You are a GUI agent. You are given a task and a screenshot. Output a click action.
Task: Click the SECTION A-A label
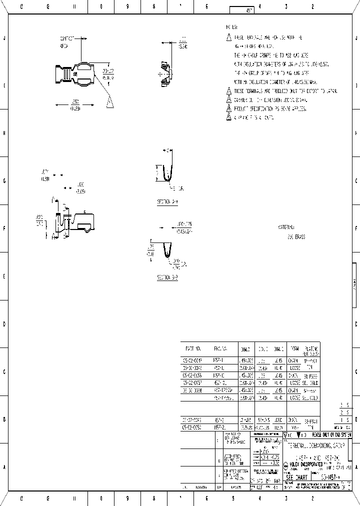click(x=167, y=202)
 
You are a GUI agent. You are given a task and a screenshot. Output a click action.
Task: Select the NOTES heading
click(x=231, y=27)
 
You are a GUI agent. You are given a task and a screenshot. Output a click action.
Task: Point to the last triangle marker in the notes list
click(x=228, y=117)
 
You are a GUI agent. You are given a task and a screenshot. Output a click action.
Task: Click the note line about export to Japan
click(x=285, y=91)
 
